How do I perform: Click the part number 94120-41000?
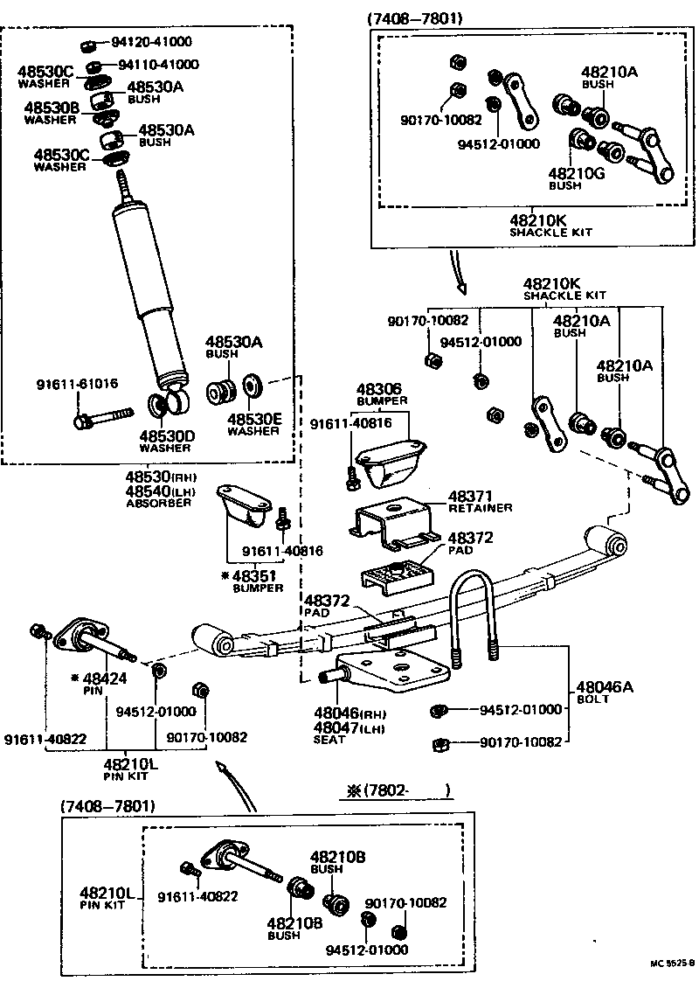point(150,42)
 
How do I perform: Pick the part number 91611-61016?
point(77,384)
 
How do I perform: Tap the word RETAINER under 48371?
point(480,508)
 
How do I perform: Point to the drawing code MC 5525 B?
point(672,964)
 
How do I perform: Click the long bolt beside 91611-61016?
point(103,416)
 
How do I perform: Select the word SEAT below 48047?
point(330,740)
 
